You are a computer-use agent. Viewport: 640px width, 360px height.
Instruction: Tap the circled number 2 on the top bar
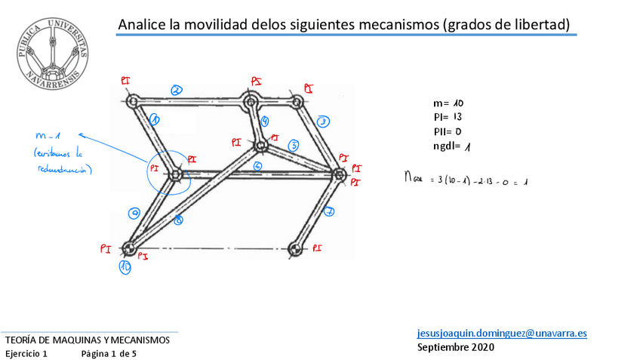pos(176,90)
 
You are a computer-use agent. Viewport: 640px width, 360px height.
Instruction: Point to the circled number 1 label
pos(155,118)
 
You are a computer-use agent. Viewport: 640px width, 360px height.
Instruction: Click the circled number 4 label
pos(265,121)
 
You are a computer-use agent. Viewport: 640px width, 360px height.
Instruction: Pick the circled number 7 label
pos(329,212)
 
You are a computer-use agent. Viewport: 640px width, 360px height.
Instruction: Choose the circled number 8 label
pos(178,220)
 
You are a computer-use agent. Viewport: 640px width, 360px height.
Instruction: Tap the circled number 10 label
pos(125,266)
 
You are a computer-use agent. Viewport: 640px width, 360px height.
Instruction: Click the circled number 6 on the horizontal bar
pos(258,166)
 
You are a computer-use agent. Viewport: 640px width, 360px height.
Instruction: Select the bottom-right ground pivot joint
pos(296,248)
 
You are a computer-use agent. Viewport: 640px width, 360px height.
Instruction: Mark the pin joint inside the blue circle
pos(176,174)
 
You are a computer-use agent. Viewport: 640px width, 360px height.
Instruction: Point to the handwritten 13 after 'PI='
pos(457,117)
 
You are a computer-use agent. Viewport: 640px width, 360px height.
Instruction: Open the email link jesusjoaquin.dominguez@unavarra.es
pos(502,333)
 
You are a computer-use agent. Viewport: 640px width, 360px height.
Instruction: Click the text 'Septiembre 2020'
pos(456,347)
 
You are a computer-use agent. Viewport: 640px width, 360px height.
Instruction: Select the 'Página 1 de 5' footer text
pos(109,353)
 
